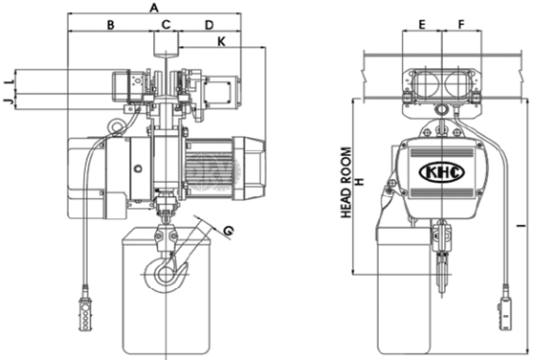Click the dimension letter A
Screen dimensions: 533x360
(154, 8)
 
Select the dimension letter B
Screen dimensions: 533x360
(110, 25)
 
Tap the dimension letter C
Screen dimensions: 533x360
(166, 25)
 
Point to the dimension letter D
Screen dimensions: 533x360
(209, 25)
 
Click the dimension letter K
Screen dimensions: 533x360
(221, 42)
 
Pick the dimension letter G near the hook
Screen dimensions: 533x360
(229, 231)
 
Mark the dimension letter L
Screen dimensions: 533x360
(11, 81)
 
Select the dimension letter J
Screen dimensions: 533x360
(10, 101)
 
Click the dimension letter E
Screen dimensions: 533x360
(421, 25)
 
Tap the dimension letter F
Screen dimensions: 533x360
(461, 25)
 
